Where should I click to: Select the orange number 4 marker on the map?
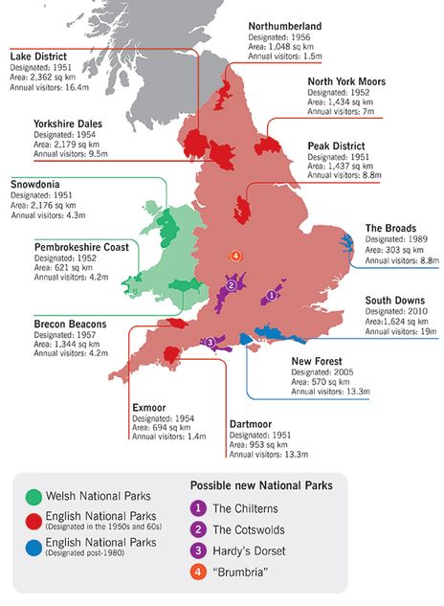coord(233,256)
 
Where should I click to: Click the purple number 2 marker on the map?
coord(231,284)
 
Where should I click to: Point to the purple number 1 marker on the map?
coord(271,296)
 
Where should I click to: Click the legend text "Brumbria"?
coord(238,573)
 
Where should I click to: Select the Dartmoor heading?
coord(254,423)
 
